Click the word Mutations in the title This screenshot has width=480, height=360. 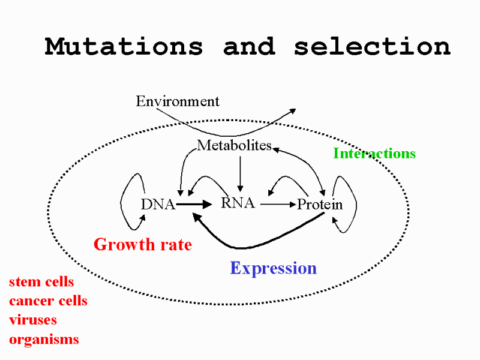pos(124,47)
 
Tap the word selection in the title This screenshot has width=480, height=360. pos(372,47)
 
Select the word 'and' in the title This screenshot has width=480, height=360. pos(249,47)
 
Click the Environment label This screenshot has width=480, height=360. pos(178,101)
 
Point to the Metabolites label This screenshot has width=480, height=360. pos(234,145)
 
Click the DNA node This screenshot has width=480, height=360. pos(158,205)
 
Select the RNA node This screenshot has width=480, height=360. pos(238,203)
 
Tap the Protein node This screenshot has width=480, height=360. pos(320,205)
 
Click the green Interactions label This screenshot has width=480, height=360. pos(374,153)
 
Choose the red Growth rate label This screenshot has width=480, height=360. pos(143,244)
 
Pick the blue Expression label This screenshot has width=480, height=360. pos(274,268)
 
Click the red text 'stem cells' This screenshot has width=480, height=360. pos(41,281)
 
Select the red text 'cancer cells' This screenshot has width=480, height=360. pos(48,301)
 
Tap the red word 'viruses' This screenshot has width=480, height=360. pos(33,320)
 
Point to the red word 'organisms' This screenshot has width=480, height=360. pos(44,340)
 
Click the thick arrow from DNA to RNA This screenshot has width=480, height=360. pos(194,204)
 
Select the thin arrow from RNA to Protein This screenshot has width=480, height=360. pos(278,204)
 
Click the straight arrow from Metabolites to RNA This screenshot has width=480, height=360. pos(241,174)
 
